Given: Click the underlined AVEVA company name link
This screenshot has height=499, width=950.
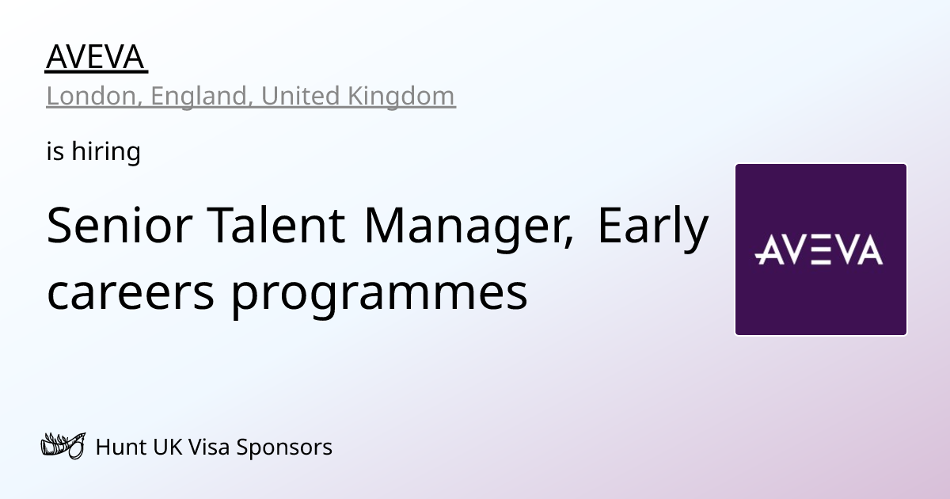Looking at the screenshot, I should (96, 57).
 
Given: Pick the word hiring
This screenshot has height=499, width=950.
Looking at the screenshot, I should (106, 151).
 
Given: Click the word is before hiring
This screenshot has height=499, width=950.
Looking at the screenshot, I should (55, 151).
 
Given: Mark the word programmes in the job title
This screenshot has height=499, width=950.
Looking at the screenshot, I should (380, 293).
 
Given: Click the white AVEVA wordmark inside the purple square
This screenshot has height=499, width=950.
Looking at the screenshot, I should (820, 249).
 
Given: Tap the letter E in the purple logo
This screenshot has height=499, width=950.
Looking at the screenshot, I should (820, 249).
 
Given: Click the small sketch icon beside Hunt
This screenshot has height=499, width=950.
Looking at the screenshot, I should (62, 447).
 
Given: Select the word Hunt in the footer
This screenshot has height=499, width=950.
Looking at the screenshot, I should (119, 447).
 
